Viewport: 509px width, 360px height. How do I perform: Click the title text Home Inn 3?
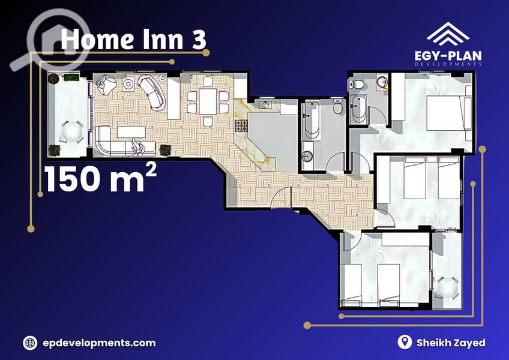[x=133, y=39]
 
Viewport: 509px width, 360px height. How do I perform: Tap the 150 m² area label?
[x=100, y=178]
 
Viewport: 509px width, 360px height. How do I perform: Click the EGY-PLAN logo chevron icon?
[x=448, y=34]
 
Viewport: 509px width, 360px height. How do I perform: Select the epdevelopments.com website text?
[x=99, y=343]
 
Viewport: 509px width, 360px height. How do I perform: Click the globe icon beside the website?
[x=30, y=343]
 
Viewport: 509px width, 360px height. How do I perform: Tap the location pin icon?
[x=405, y=342]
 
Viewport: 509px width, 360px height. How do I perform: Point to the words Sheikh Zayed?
[x=451, y=343]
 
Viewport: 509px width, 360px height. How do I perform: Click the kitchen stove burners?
[x=241, y=125]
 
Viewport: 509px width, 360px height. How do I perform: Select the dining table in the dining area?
[x=208, y=101]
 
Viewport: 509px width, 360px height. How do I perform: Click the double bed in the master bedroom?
[x=448, y=113]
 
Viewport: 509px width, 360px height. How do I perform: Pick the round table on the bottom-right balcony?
[x=447, y=287]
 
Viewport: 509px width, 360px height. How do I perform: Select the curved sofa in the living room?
[x=152, y=92]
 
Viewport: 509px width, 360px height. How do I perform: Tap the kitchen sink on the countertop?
[x=265, y=104]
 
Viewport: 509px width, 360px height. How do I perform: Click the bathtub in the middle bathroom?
[x=312, y=121]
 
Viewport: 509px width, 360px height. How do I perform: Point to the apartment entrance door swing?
[x=281, y=197]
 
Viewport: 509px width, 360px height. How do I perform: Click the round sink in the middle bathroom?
[x=307, y=156]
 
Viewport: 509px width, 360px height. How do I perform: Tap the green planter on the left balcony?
[x=71, y=77]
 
